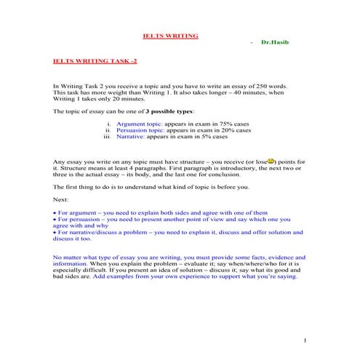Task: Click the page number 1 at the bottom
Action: pyautogui.click(x=305, y=340)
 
